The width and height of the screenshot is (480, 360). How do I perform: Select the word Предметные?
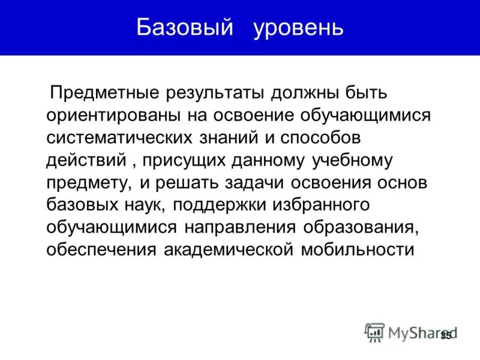click(x=105, y=94)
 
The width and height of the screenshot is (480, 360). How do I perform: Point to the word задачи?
click(x=250, y=183)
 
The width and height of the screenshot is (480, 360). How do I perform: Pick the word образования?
click(x=359, y=227)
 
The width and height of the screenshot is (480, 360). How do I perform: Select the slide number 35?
click(x=446, y=335)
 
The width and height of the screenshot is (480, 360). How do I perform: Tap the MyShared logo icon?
click(x=374, y=332)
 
